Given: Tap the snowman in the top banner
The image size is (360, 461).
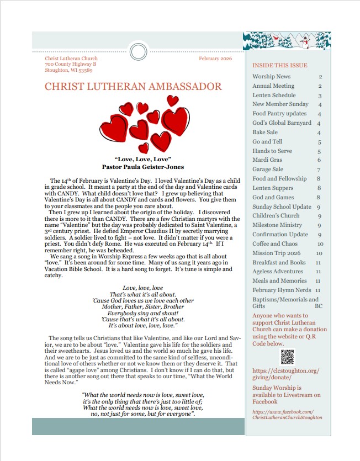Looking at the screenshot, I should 304,40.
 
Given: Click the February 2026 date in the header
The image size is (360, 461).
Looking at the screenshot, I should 215,59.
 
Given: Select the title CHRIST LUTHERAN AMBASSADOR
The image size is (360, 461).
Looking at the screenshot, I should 133,87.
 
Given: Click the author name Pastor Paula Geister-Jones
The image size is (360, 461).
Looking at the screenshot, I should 143,167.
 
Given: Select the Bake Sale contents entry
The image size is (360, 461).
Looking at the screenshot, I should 265,133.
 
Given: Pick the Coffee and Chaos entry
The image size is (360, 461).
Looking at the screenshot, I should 276,243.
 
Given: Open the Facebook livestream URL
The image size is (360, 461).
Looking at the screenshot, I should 287,415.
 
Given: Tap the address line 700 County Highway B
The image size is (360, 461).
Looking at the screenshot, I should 71,65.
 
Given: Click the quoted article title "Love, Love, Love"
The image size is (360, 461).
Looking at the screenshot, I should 143,160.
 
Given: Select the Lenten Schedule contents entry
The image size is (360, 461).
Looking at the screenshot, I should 274,96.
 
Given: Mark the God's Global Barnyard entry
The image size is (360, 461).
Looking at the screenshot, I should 282,123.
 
